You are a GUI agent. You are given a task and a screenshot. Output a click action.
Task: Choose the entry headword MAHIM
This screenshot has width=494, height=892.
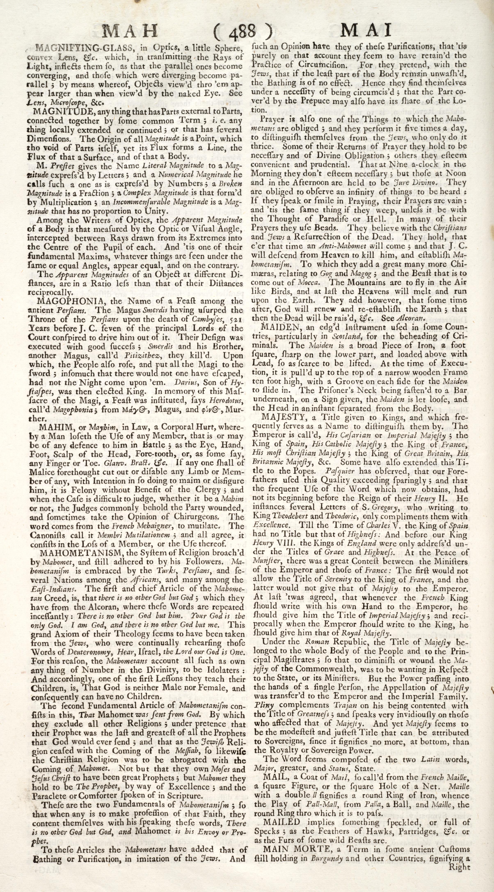coord(52,425)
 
